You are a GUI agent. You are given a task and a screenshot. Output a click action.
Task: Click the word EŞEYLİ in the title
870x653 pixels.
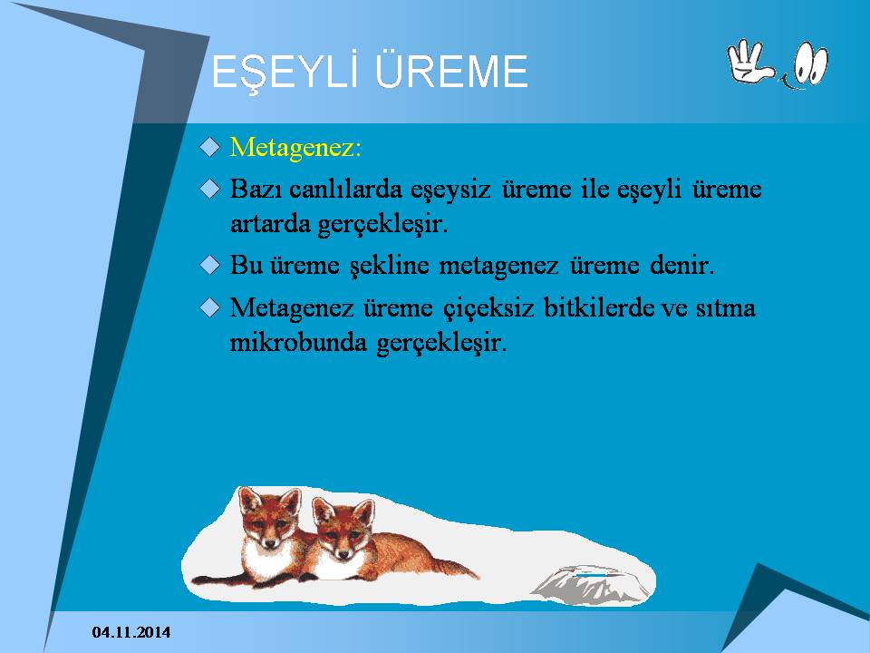click(x=286, y=71)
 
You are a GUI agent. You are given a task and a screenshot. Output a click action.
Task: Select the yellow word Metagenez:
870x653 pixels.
click(x=295, y=148)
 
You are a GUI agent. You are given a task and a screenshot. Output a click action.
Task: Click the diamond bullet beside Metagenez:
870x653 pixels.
click(x=209, y=147)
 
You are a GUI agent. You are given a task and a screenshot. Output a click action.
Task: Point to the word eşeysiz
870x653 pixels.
click(x=450, y=190)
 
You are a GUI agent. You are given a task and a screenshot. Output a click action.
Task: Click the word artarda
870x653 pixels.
click(x=270, y=224)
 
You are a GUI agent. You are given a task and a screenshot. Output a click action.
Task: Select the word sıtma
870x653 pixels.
click(x=726, y=307)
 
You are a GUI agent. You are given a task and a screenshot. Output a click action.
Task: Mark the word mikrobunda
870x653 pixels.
click(x=298, y=342)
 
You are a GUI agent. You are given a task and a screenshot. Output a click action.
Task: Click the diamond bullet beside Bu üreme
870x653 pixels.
click(x=209, y=265)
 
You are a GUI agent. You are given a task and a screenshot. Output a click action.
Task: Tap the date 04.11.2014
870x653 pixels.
click(x=131, y=632)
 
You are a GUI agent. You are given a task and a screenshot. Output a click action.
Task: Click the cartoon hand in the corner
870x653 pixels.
click(x=750, y=62)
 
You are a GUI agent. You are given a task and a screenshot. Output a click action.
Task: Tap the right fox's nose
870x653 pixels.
click(x=343, y=553)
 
